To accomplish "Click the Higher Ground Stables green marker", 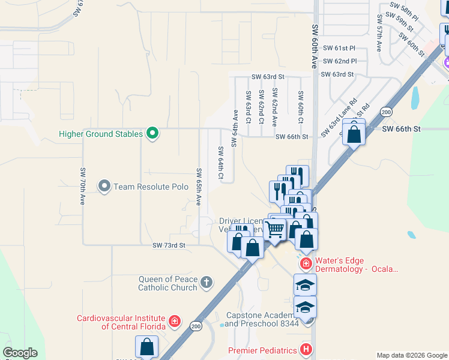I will pos(152,133).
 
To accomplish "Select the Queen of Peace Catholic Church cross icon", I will pos(206,283).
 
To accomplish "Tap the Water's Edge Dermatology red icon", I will pos(306,264).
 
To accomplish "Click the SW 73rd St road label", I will pos(169,245).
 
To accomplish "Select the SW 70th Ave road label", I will pos(83,186).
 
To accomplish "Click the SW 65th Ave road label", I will pos(199,188).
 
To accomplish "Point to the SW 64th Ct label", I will pos(220,163).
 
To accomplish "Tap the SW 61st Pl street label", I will pos(339,47).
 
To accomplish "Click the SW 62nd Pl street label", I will pos(339,61).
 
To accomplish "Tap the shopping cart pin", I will pos(275,229).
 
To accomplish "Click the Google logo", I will pos(20,353).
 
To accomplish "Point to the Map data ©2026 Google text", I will pos(412,355).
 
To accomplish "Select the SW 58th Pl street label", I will pos(404,11).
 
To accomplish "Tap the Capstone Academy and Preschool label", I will pos(262,319).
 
